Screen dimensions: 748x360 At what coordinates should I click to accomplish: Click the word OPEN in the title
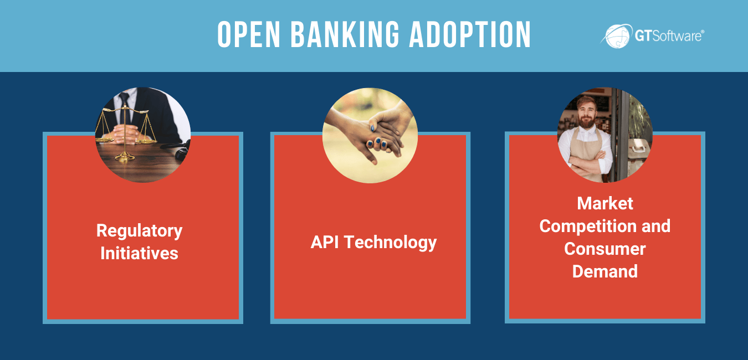point(249,34)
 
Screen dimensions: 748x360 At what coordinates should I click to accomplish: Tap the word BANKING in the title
point(345,34)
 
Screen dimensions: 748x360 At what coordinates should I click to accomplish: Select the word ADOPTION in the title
point(470,34)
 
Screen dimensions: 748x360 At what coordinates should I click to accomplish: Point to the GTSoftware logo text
point(669,35)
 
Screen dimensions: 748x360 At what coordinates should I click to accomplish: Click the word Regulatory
point(139,231)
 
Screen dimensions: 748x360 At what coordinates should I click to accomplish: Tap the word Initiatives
point(139,253)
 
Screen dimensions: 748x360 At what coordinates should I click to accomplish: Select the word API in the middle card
point(325,242)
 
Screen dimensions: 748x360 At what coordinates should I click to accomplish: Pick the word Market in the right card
point(604,203)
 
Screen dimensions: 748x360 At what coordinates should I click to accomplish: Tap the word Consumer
point(604,249)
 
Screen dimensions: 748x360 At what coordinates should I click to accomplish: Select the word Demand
point(604,271)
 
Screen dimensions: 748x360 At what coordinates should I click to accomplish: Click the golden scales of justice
point(125,133)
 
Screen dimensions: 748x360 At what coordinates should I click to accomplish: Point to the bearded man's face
point(587,112)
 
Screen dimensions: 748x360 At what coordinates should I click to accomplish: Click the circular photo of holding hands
point(370,136)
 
